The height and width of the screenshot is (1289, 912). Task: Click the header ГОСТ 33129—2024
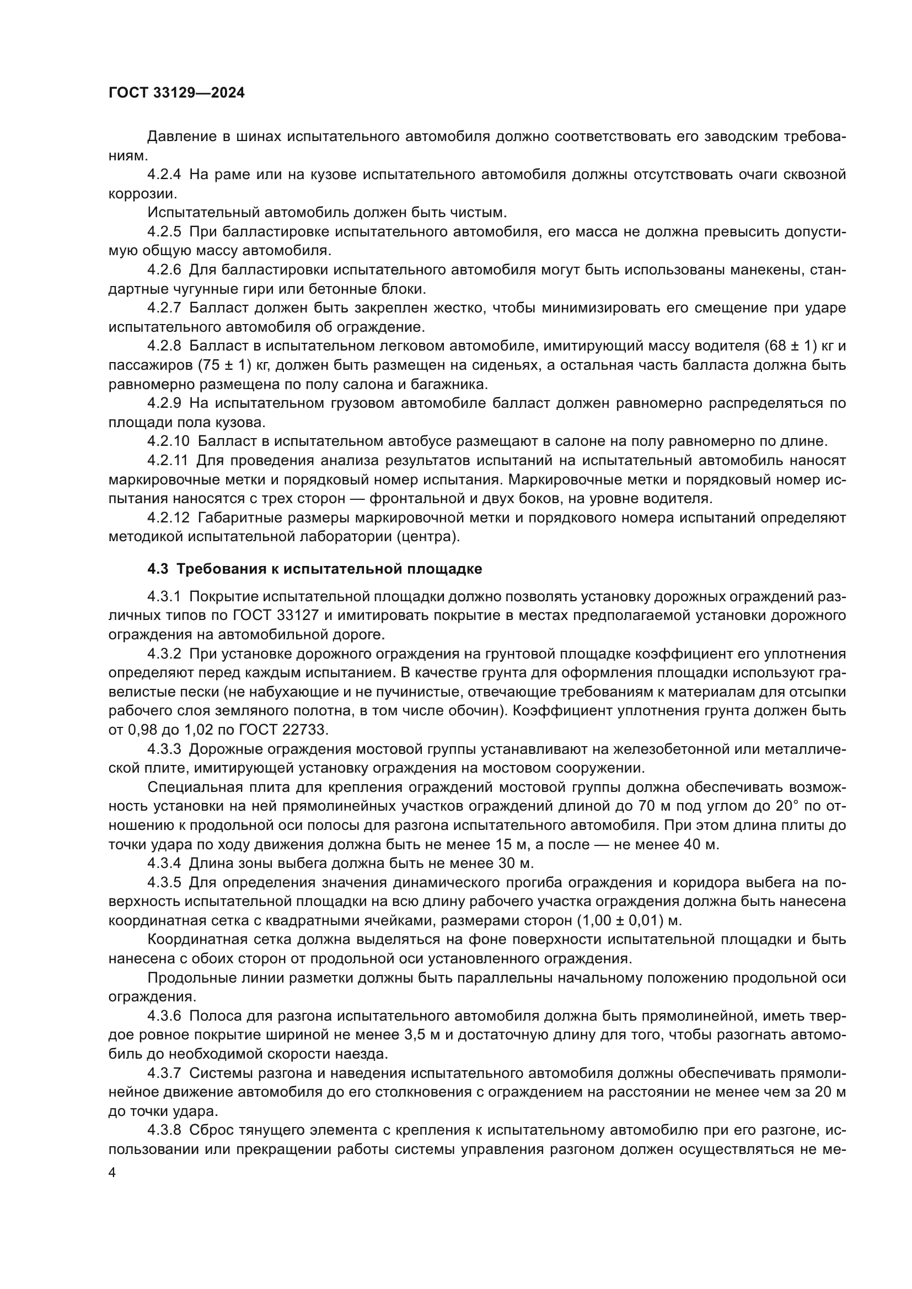[x=176, y=93]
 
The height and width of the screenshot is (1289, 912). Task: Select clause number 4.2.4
[x=164, y=175]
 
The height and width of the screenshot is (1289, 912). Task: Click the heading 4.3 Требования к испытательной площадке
[x=314, y=569]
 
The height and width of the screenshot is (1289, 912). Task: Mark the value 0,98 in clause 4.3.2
[x=143, y=730]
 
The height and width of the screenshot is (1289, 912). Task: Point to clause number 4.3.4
[x=164, y=863]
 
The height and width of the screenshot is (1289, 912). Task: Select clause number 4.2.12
[x=169, y=517]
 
